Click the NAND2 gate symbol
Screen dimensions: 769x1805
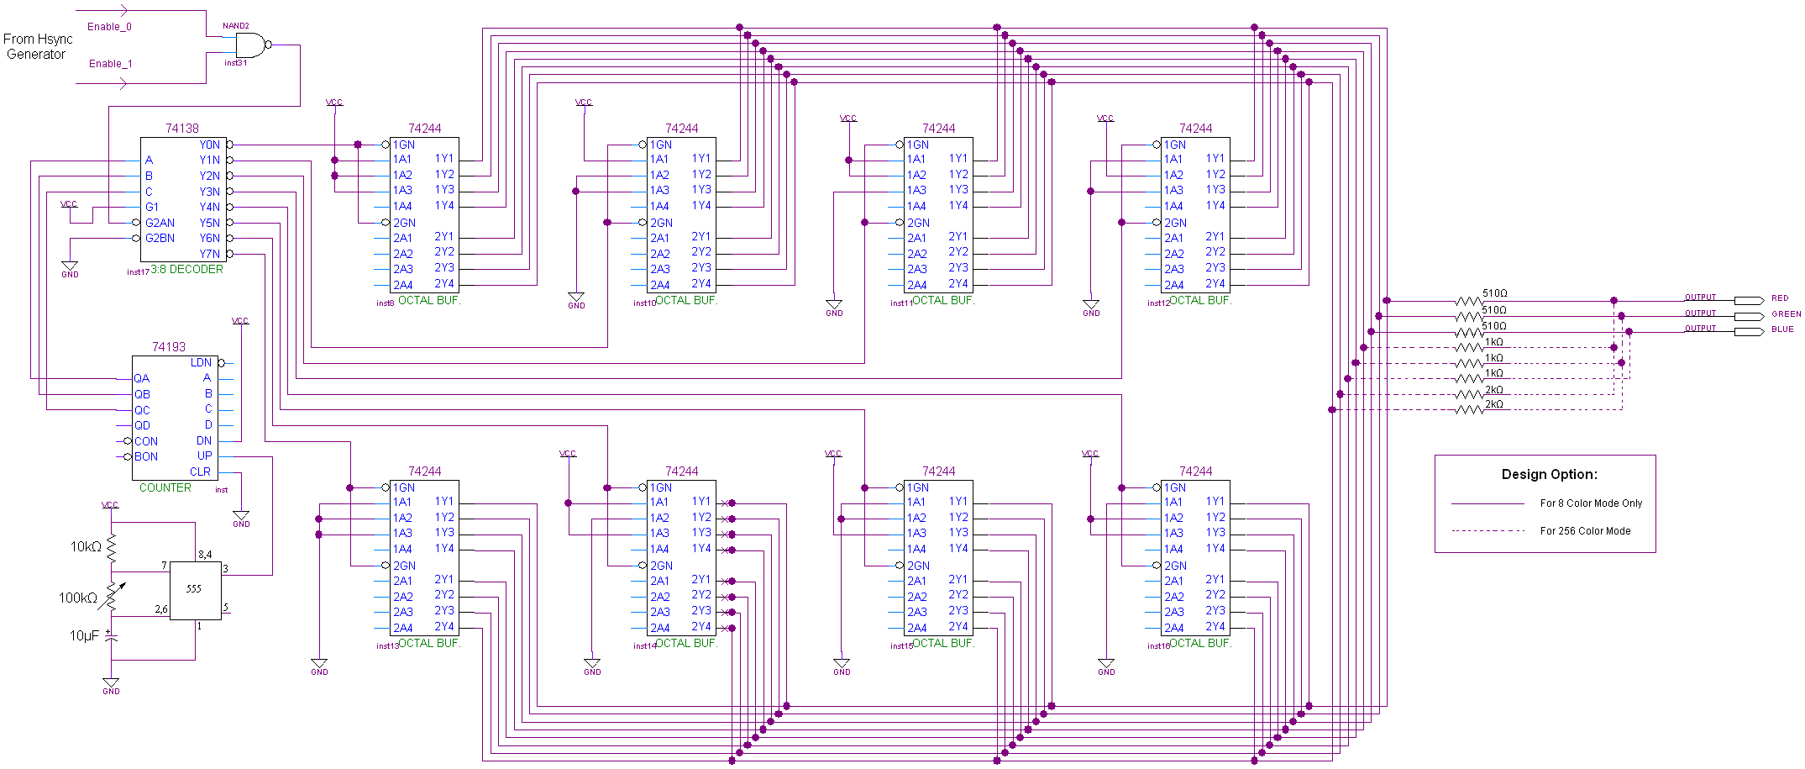click(x=250, y=45)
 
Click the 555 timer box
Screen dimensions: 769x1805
click(x=195, y=590)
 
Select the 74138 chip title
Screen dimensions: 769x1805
click(x=182, y=129)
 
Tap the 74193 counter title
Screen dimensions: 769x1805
click(x=169, y=347)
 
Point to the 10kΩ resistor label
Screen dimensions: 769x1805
click(x=86, y=547)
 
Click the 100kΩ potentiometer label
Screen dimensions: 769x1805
click(x=78, y=598)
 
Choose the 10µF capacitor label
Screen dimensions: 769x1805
click(x=84, y=636)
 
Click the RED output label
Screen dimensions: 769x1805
click(x=1780, y=298)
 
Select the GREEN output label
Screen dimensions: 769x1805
click(x=1786, y=314)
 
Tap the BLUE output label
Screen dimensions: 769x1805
click(x=1782, y=329)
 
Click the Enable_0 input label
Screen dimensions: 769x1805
click(x=109, y=27)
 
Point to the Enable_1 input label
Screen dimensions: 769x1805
click(x=111, y=64)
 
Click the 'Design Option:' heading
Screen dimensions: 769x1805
click(x=1549, y=475)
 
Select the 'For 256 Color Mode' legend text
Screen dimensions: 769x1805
click(x=1585, y=531)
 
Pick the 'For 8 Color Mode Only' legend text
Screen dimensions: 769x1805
click(x=1591, y=503)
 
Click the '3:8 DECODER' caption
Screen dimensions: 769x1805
click(x=186, y=270)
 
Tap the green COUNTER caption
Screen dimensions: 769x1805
click(x=165, y=488)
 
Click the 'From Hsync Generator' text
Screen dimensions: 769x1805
click(x=38, y=47)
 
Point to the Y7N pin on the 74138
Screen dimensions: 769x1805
click(x=209, y=254)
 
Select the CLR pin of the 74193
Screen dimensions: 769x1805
click(x=200, y=472)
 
